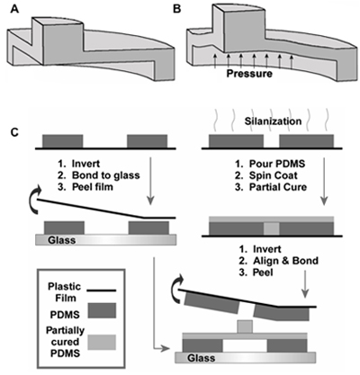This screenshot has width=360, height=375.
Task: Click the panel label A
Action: click(15, 9)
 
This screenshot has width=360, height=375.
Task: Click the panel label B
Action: click(177, 9)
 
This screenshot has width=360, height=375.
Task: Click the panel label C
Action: click(15, 132)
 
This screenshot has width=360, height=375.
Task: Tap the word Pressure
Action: click(249, 74)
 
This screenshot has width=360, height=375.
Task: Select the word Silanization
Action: click(273, 121)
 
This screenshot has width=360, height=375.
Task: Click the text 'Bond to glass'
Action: click(106, 175)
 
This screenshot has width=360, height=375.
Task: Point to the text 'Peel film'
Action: click(93, 187)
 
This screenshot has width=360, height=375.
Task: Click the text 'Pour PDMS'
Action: click(277, 164)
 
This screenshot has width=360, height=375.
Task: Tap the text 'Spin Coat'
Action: click(274, 175)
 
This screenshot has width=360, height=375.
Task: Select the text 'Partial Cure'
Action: click(278, 187)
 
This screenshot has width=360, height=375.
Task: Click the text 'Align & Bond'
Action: click(285, 261)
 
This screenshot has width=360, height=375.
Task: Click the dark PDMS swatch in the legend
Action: click(102, 310)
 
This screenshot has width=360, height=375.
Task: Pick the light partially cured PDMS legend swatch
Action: click(102, 343)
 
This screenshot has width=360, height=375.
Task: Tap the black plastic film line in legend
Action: click(102, 290)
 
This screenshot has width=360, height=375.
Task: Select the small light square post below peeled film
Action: click(245, 326)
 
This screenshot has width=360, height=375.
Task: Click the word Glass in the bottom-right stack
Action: click(202, 358)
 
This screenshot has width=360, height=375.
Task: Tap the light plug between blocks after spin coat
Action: click(272, 228)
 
